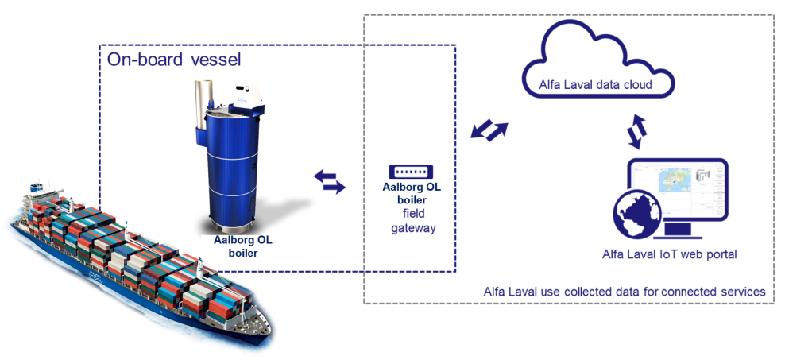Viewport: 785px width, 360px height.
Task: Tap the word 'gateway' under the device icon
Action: click(412, 227)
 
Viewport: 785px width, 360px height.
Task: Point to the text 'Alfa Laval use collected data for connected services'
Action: click(624, 292)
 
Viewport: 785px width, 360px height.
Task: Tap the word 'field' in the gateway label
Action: click(412, 214)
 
